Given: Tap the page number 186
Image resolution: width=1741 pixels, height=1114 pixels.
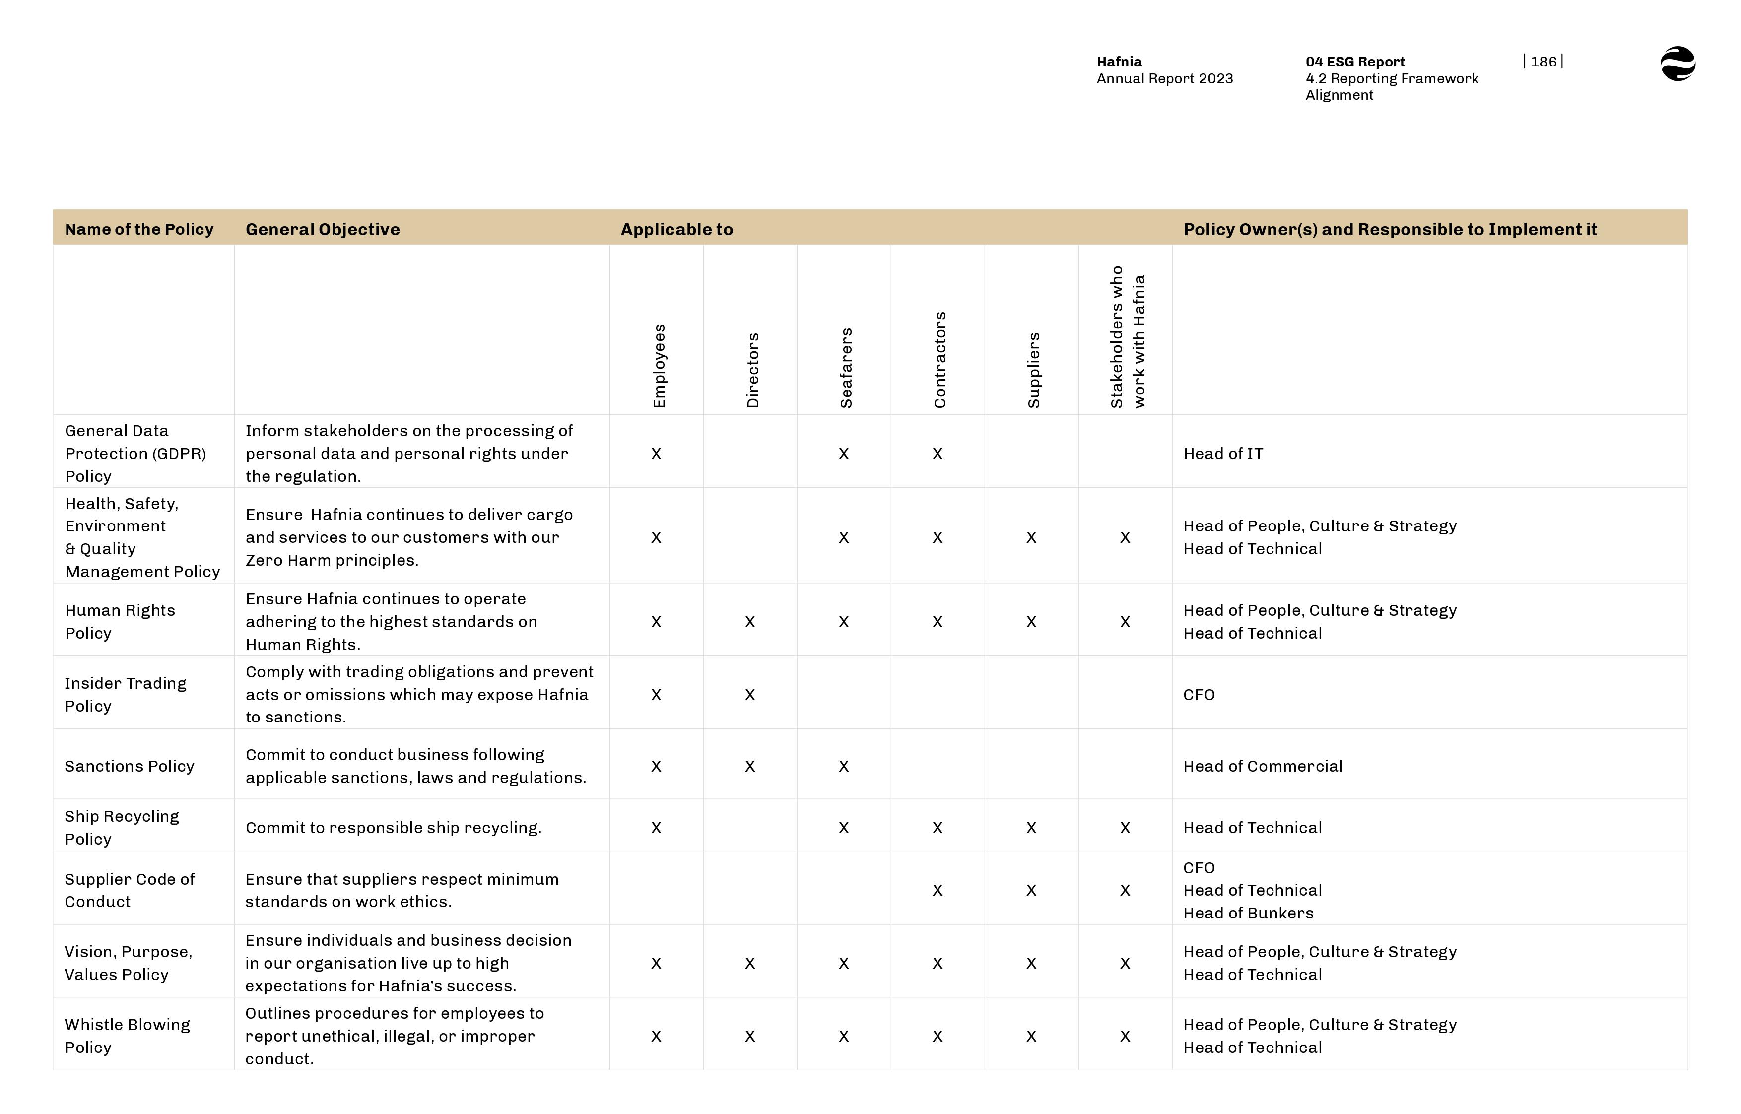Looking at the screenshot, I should pos(1543,62).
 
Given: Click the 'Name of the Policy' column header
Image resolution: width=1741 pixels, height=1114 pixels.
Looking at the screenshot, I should pos(139,229).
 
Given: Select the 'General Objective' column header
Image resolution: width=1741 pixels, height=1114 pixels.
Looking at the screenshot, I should pos(323,229).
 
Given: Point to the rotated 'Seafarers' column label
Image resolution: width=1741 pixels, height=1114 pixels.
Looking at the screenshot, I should pos(846,368).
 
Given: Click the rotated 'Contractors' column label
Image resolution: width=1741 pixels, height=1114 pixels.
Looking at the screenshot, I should pos(939,360).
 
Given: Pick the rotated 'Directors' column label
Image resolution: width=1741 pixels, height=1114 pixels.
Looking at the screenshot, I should pos(752,370).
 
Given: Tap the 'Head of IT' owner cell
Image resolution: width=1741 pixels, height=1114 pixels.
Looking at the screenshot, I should pos(1223,454).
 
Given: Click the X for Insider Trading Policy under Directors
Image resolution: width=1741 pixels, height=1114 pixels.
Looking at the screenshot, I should pos(750,694).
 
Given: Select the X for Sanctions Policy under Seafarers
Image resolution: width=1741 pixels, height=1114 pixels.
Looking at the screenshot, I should pos(843,766).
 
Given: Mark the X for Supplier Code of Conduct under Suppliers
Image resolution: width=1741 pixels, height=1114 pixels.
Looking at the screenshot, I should pos(1031,891).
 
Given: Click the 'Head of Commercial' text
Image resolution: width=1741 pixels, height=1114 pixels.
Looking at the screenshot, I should pos(1262,766).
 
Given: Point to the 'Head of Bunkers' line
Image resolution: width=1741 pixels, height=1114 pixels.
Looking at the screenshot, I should pos(1248,913).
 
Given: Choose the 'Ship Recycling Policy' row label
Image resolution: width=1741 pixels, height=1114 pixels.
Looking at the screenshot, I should pos(122,828).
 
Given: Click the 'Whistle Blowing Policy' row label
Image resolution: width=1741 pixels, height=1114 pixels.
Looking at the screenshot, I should pos(127,1036).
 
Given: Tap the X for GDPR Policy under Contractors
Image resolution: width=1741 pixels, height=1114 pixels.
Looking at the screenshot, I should pos(937,454).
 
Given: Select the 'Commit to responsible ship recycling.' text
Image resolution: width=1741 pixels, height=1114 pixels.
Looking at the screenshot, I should pos(393,828).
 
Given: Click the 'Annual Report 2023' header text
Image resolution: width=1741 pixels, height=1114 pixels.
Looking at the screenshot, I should pos(1164,79).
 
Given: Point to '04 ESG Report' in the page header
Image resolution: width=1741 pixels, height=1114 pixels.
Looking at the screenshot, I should pos(1355,62).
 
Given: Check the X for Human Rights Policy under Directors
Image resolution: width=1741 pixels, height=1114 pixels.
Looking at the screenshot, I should pos(750,622).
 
